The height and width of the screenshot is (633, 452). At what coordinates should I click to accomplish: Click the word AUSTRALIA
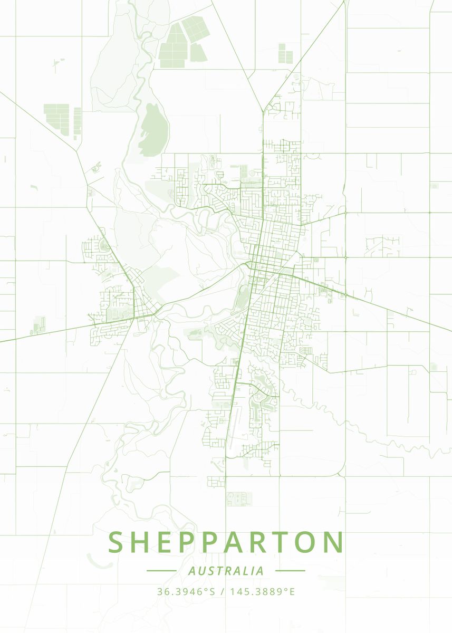click(226, 571)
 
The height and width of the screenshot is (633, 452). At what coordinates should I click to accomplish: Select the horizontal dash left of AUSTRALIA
click(161, 571)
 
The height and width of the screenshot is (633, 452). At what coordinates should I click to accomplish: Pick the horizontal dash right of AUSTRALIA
click(290, 571)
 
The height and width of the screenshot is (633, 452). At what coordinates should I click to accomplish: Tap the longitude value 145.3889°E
click(262, 592)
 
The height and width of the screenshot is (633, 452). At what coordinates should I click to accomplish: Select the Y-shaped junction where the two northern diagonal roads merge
click(262, 111)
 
